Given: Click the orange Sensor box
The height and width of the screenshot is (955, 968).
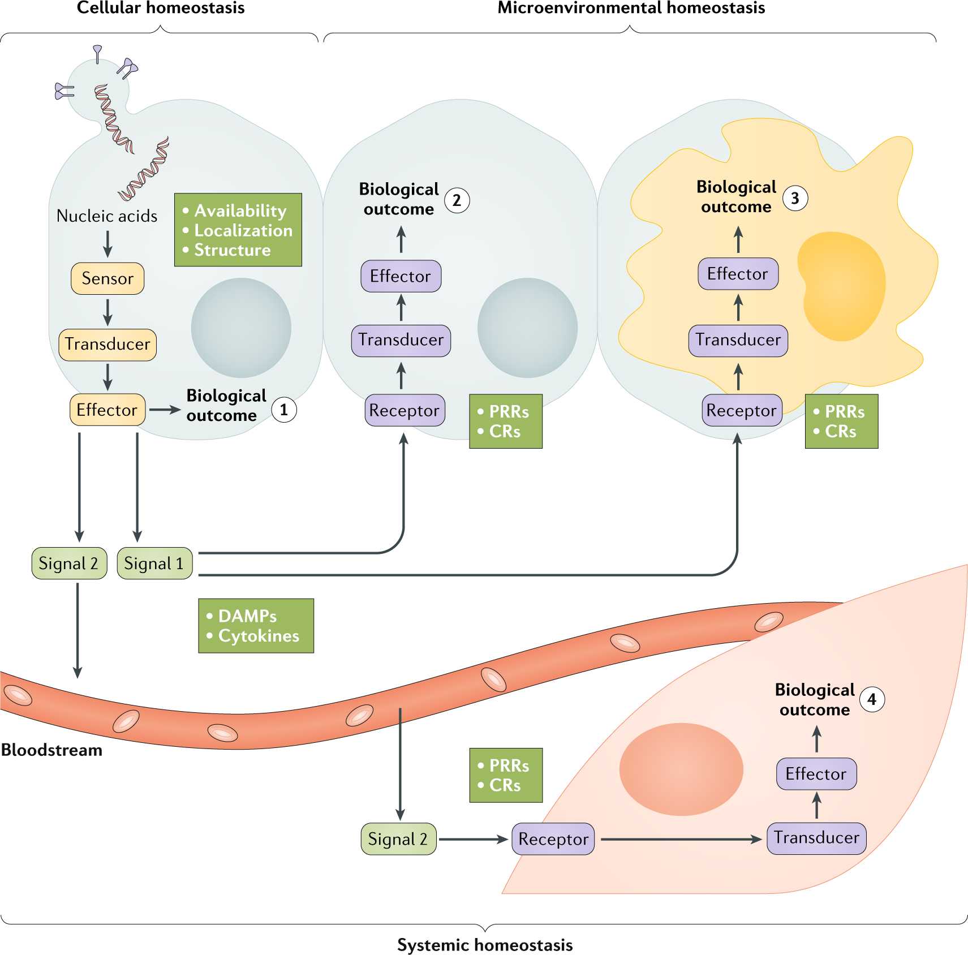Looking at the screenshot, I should tap(107, 278).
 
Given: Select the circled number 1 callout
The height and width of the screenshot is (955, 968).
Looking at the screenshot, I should tap(284, 409).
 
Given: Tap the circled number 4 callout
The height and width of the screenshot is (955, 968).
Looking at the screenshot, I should tap(872, 700).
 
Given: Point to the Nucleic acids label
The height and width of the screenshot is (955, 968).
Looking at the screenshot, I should tap(107, 216).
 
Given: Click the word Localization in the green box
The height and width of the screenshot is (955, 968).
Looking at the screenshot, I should tap(243, 230).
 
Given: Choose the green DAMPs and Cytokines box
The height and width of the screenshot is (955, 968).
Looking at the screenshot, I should tap(256, 626).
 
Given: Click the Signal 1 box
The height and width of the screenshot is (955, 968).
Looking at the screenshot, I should tap(154, 563).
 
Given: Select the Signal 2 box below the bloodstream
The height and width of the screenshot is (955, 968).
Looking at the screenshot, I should tap(398, 839).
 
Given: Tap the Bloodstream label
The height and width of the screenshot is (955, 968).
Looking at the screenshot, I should tap(52, 750).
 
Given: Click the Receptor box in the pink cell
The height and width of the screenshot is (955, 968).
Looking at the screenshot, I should tap(553, 839).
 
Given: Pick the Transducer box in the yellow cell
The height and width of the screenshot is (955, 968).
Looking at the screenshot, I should tap(738, 340).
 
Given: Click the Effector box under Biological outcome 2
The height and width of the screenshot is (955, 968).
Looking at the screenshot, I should tap(401, 276).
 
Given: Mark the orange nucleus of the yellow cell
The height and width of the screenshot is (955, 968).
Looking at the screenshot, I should tap(841, 285).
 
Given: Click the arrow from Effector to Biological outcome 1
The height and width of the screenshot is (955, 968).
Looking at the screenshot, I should tap(165, 410).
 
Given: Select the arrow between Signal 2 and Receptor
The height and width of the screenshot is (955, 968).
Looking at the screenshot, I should tap(473, 840).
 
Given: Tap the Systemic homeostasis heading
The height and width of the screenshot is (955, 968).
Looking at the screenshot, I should tap(485, 945).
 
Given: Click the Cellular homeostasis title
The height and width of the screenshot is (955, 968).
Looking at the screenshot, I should tap(161, 8).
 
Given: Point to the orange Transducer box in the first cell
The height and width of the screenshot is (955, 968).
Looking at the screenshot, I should tap(107, 345).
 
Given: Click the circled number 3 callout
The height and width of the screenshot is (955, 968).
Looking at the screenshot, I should tap(795, 198).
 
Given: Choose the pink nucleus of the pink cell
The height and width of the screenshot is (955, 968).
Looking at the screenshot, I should tap(681, 769).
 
